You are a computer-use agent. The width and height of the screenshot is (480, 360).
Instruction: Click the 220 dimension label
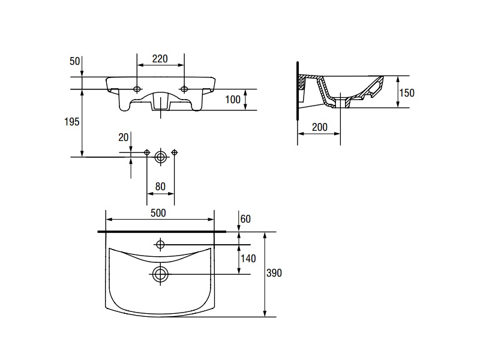click(160, 58)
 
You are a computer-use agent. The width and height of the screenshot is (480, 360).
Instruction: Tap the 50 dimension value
click(74, 61)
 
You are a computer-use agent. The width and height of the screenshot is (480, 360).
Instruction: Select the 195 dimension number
click(71, 122)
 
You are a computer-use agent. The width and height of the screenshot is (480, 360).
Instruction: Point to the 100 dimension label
click(233, 100)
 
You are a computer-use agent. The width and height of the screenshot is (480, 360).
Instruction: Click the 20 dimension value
click(124, 137)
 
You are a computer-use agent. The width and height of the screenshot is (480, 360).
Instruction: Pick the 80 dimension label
click(160, 187)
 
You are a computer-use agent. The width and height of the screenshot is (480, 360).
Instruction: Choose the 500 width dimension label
click(158, 213)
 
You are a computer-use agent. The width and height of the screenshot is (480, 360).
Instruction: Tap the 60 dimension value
click(245, 219)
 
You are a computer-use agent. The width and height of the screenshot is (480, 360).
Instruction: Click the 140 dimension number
click(248, 259)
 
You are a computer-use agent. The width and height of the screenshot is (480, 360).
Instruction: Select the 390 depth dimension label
click(274, 273)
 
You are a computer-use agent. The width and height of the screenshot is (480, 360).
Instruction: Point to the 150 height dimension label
click(407, 93)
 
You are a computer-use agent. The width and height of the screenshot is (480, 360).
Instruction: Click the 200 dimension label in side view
click(320, 127)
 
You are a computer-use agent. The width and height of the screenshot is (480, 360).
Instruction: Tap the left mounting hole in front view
click(137, 89)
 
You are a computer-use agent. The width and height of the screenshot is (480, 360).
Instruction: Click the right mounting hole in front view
click(184, 89)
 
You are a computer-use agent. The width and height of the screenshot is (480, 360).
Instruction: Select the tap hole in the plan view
click(160, 245)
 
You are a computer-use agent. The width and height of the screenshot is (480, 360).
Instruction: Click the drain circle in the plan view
click(160, 274)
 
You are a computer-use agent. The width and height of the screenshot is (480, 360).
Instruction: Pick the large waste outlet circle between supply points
click(160, 157)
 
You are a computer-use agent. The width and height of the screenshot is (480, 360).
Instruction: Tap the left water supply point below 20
click(147, 152)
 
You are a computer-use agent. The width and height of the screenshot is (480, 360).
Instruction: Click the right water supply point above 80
click(175, 152)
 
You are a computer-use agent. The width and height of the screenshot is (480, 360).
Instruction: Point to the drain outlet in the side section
click(341, 103)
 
